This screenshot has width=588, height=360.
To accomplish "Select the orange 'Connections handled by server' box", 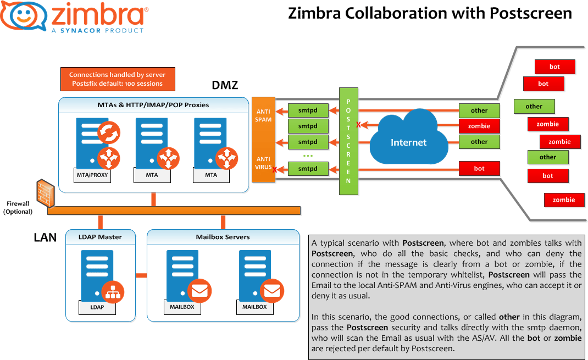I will (x=117, y=79).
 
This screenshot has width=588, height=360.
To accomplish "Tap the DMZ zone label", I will (x=225, y=85).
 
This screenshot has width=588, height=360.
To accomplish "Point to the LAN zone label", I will (x=45, y=237).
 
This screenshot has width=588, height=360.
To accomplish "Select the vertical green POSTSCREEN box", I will (x=348, y=141).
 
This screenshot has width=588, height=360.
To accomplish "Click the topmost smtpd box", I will (x=308, y=110).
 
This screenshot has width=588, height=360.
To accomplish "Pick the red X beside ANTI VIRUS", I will (x=274, y=170).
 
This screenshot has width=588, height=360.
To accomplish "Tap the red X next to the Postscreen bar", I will (x=358, y=125).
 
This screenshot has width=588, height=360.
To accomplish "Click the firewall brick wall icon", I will (x=44, y=192).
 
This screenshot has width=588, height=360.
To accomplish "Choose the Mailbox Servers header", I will (x=223, y=237).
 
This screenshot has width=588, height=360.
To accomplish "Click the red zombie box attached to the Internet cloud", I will (x=479, y=126).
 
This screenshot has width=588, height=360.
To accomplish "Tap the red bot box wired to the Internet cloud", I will (x=479, y=168).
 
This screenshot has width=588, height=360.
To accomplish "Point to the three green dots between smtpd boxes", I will (x=308, y=156).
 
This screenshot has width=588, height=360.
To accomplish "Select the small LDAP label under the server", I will (x=97, y=307).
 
